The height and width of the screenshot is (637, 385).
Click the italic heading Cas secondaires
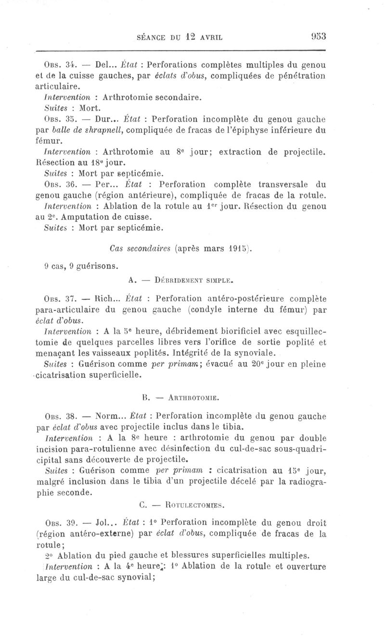click(140, 249)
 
